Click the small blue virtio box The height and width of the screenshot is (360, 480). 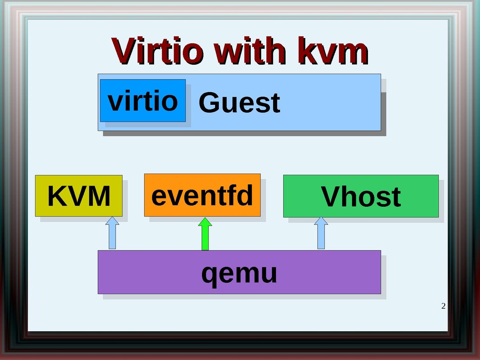pos(143,100)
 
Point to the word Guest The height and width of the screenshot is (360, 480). pos(239,103)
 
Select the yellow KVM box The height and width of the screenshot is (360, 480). pos(79,196)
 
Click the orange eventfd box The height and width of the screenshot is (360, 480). pos(202,195)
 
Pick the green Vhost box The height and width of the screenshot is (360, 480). pos(361,196)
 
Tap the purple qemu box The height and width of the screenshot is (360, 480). pos(239,272)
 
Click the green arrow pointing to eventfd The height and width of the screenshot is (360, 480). pos(205,234)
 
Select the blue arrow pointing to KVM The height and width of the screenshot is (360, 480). pos(113,233)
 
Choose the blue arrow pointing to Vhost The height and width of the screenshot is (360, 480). pos(321,233)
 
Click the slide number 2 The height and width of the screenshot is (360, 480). pos(443,306)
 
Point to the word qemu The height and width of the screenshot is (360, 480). pos(239,274)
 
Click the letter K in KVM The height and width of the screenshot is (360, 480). pos(56,196)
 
